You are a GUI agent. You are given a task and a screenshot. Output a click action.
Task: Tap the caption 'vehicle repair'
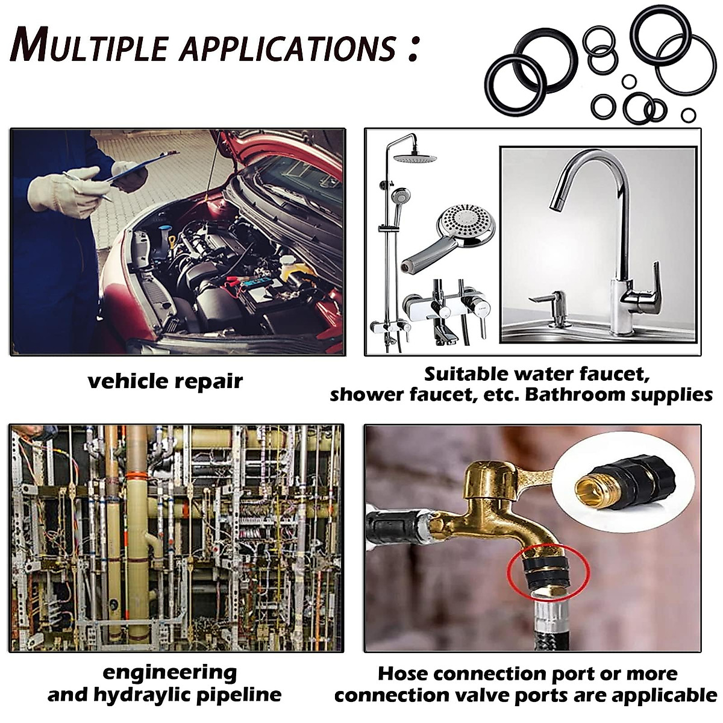165,381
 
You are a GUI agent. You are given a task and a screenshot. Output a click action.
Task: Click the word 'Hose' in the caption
402,673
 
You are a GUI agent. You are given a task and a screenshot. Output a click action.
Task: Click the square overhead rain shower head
415,157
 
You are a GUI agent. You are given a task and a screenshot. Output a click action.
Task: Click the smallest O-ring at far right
689,115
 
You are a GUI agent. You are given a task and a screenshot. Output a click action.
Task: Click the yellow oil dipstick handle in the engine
172,242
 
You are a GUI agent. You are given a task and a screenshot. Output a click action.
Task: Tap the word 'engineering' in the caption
169,672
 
